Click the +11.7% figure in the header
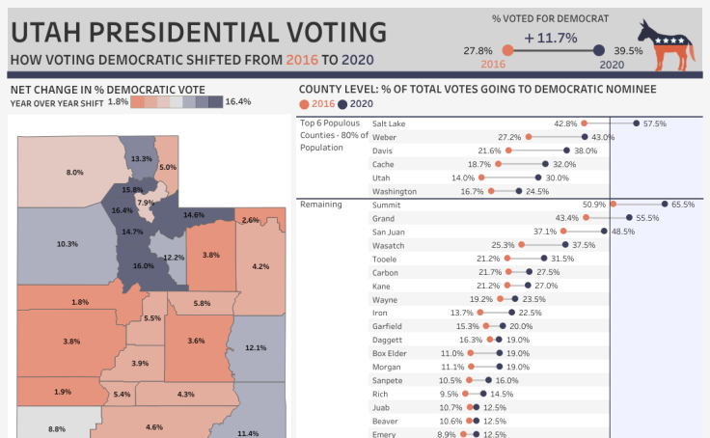[x=551, y=39]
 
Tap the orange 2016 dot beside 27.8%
[x=507, y=50]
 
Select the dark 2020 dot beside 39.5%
[x=598, y=50]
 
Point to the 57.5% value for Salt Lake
[x=655, y=123]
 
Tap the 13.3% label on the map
[x=141, y=158]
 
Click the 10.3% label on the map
[x=67, y=244]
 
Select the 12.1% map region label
[x=256, y=347]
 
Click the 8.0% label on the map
[x=74, y=172]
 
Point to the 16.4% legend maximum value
[x=238, y=101]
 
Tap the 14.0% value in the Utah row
[x=463, y=178]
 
